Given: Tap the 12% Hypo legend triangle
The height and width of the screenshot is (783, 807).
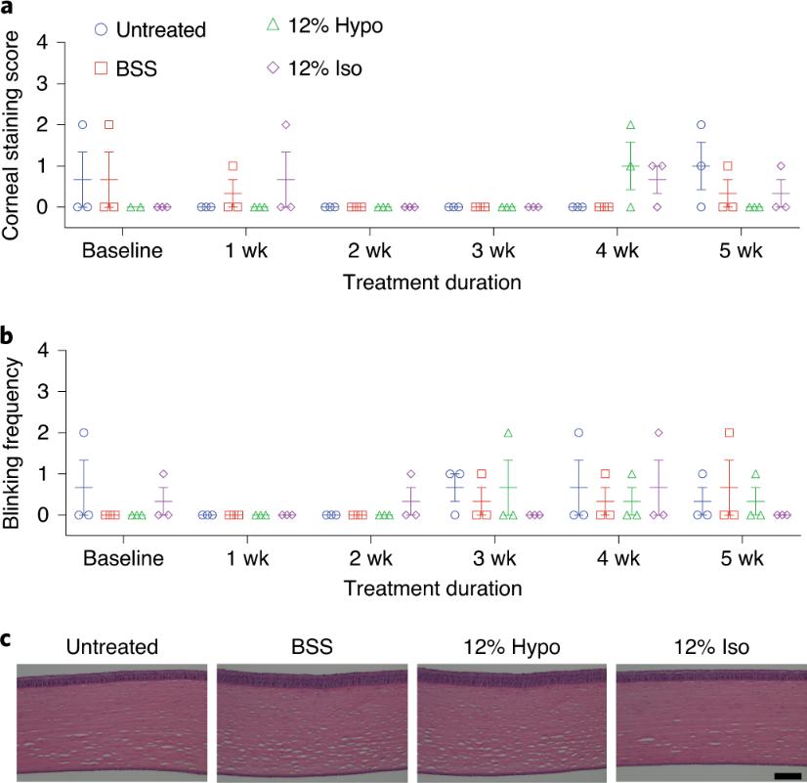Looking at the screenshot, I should pos(275,24).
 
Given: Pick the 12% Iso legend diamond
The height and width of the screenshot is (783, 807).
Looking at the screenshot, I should pos(275,66).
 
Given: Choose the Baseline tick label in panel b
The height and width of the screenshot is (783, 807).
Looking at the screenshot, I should pos(122,557).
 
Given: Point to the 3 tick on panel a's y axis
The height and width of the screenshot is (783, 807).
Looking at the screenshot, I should pos(41,84).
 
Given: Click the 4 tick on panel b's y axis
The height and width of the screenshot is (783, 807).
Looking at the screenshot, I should pos(41,350).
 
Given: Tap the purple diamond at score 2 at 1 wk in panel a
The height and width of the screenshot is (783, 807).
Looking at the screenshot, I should pos(285,125).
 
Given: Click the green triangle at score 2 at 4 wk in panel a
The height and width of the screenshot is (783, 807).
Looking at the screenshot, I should pos(630,125).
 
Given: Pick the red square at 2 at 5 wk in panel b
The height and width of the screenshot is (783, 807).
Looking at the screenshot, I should pos(729,432).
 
